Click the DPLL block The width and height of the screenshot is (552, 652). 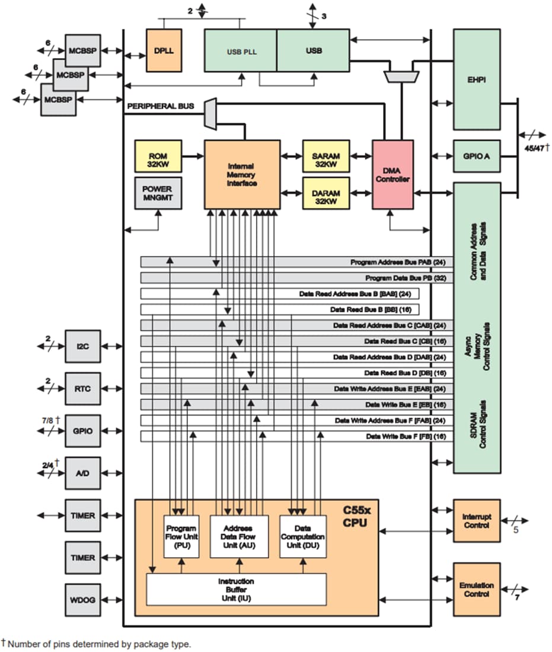[x=163, y=50]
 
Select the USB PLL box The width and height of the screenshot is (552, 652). [x=241, y=51]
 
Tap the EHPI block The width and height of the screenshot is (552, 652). [x=477, y=79]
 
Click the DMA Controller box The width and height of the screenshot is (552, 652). [x=393, y=174]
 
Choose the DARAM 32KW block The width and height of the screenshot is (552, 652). [x=326, y=193]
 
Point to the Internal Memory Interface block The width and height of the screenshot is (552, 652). [x=242, y=174]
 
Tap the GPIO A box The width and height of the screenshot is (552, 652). [x=477, y=156]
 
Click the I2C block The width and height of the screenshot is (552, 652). [x=83, y=346]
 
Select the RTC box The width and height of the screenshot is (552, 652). [x=83, y=389]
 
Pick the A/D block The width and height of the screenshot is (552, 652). [x=83, y=473]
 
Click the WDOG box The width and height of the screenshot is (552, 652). [x=83, y=600]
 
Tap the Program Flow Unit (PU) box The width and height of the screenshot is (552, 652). [x=181, y=536]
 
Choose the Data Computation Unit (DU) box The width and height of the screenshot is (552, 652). [x=303, y=536]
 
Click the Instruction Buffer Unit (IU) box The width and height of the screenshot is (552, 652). [x=236, y=589]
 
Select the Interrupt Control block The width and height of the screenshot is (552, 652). [x=477, y=520]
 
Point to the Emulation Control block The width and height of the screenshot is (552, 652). [x=477, y=589]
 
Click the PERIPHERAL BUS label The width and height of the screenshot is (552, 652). [x=160, y=106]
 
